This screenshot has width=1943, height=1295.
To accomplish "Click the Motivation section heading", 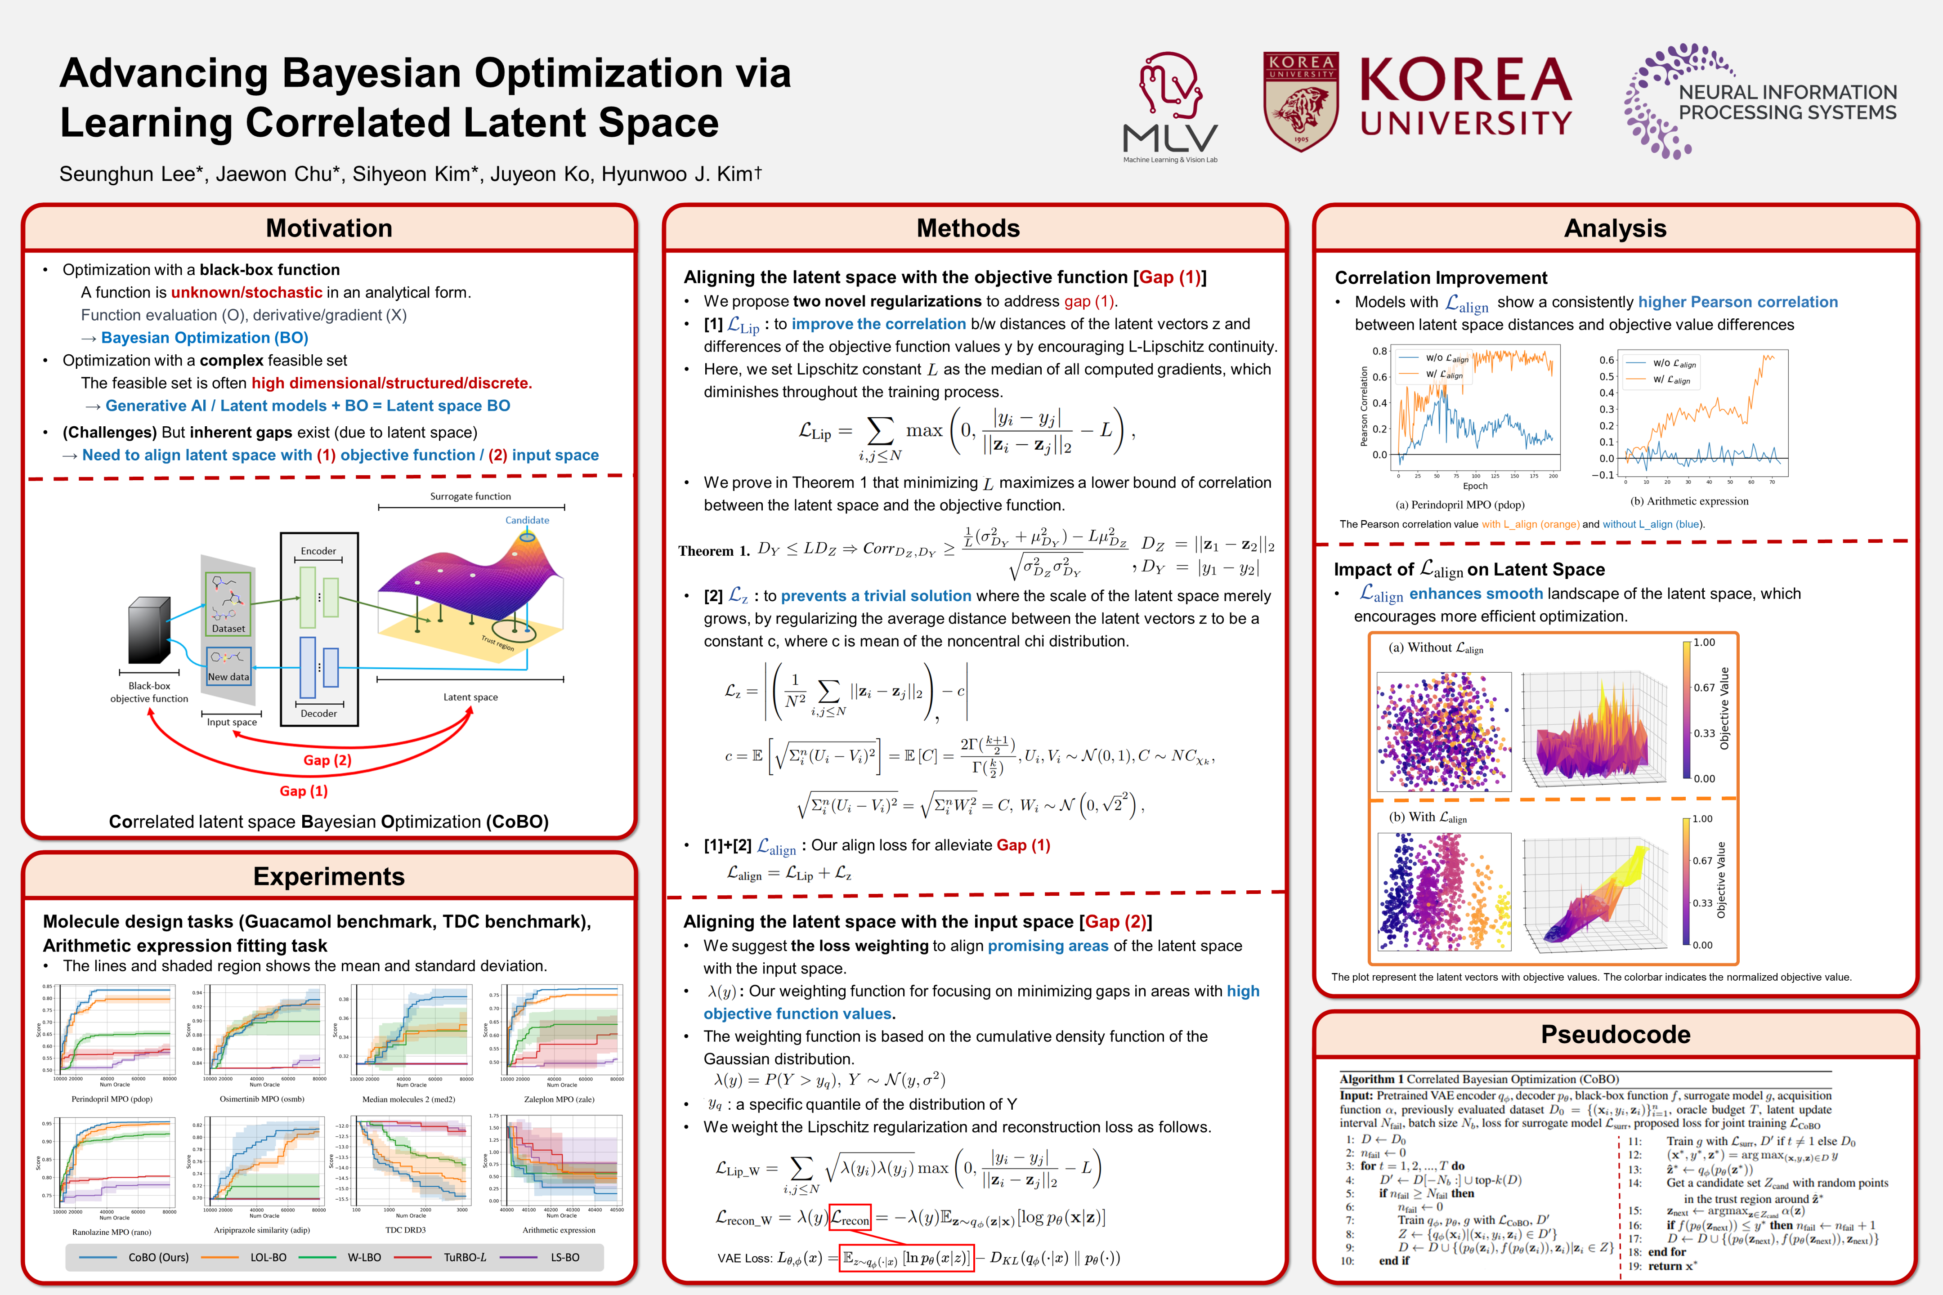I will click(329, 228).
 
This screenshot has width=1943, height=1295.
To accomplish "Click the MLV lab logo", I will click(1170, 106).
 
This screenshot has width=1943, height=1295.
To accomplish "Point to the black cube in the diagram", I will click(149, 630).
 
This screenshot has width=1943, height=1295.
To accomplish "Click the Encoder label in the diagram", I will click(318, 551).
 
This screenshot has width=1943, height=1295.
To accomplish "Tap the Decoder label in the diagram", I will click(318, 714).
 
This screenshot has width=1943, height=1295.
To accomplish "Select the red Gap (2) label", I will click(327, 760).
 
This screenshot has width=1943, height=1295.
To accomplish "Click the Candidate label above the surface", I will click(527, 520).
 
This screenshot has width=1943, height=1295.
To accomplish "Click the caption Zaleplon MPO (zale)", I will click(559, 1099).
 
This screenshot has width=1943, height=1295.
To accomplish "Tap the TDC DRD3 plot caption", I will click(406, 1230).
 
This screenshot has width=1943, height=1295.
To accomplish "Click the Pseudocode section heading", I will click(1615, 1034).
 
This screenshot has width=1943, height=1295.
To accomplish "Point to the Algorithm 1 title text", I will click(1479, 1079).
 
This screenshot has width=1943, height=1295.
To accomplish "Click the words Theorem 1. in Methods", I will click(714, 551).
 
